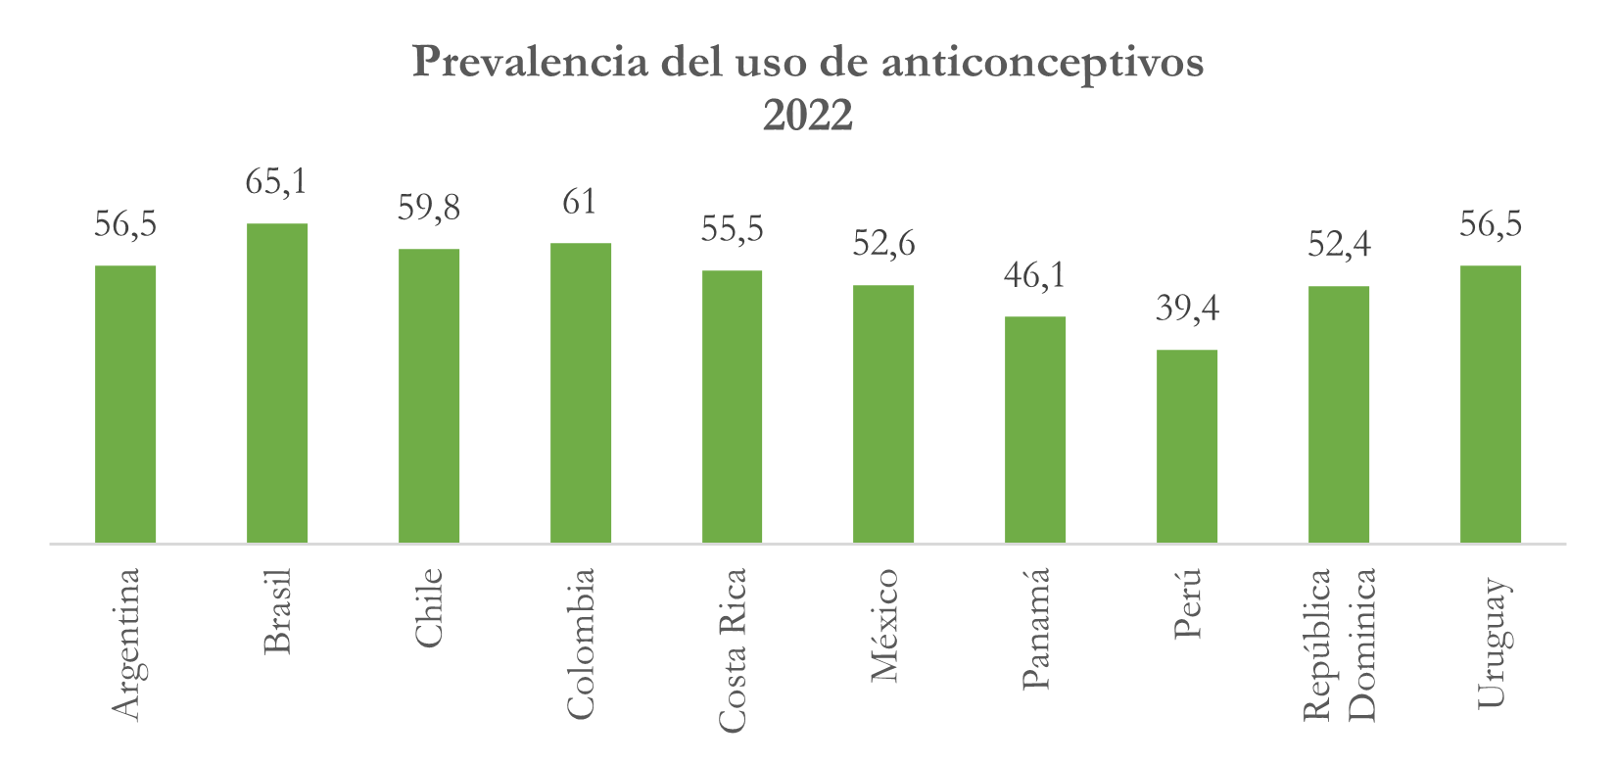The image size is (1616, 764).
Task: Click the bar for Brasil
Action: (x=277, y=383)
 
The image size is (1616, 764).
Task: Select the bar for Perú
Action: (x=1187, y=446)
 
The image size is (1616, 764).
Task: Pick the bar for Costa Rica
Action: (x=732, y=406)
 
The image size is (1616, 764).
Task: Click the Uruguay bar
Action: (x=1491, y=404)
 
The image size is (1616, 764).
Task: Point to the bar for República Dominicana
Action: (x=1339, y=414)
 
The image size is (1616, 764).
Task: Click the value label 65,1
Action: (x=276, y=182)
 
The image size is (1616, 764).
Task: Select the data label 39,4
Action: (x=1187, y=309)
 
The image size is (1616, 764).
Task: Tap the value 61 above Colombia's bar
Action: (x=580, y=202)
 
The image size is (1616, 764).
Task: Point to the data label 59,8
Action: (x=428, y=208)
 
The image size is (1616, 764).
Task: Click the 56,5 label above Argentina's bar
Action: (x=125, y=224)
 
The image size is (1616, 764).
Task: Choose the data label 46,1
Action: (x=1035, y=275)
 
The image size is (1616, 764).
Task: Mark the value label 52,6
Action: (x=883, y=244)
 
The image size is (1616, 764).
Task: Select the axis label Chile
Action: (x=429, y=607)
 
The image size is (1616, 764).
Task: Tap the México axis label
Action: (x=883, y=625)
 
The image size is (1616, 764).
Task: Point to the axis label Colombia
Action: (x=580, y=644)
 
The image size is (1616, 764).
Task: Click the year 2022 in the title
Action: (x=808, y=116)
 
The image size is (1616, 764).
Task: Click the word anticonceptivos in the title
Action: (x=1042, y=63)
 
